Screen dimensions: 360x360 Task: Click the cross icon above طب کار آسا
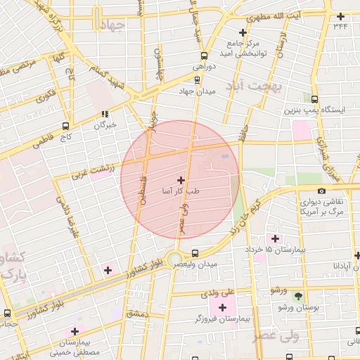pyautogui.click(x=181, y=181)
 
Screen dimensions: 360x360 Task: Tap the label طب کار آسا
pyautogui.click(x=181, y=191)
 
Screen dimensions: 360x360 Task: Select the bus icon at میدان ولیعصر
pyautogui.click(x=195, y=253)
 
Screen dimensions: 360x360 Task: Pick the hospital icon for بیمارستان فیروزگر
pyautogui.click(x=223, y=307)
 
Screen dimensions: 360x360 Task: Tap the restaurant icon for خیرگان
pyautogui.click(x=105, y=114)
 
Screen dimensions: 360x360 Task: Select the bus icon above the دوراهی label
pyautogui.click(x=204, y=55)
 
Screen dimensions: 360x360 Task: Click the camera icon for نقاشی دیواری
pyautogui.click(x=321, y=191)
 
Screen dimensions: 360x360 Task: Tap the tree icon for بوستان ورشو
pyautogui.click(x=298, y=296)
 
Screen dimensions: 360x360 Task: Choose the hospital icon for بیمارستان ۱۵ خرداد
pyautogui.click(x=275, y=239)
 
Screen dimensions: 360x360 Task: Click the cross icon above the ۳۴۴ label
pyautogui.click(x=341, y=16)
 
